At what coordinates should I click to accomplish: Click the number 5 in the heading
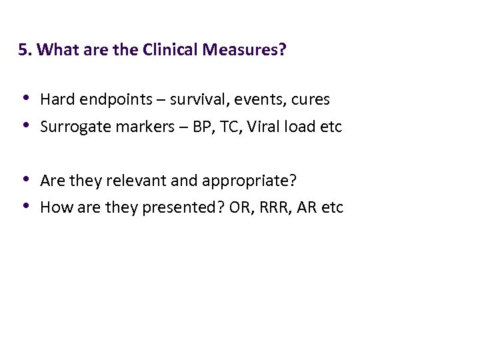coord(23,51)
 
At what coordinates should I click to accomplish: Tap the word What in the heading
coord(56,51)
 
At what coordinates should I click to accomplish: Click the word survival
coord(197,100)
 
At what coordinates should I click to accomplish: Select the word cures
coord(308,101)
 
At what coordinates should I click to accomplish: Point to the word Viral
coord(262,127)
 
